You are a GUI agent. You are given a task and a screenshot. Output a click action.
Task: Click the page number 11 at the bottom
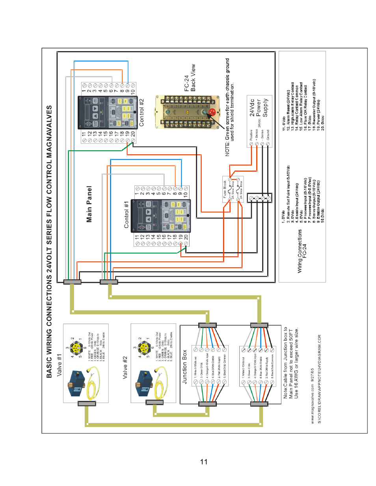point(204,462)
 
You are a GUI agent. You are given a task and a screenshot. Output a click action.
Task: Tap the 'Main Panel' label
point(89,204)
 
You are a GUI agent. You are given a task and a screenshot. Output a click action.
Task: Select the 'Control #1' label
point(127,215)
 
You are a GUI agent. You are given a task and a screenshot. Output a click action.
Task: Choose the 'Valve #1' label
point(60,365)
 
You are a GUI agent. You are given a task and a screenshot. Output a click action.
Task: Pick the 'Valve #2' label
point(125,368)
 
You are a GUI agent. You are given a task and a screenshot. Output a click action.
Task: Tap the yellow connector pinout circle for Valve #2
point(144,348)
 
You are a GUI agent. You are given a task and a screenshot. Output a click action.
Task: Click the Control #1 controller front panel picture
point(160,216)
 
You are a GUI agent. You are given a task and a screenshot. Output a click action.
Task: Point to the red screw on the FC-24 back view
point(212,113)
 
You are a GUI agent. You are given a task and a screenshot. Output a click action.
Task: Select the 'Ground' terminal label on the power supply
point(268,135)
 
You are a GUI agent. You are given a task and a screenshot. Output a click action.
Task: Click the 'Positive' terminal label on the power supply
point(251,135)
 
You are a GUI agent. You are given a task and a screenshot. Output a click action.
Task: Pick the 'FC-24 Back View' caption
point(190,78)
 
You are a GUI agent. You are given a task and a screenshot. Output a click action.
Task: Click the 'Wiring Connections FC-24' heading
point(302,251)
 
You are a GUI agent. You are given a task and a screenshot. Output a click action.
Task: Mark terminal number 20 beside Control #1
point(186,237)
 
